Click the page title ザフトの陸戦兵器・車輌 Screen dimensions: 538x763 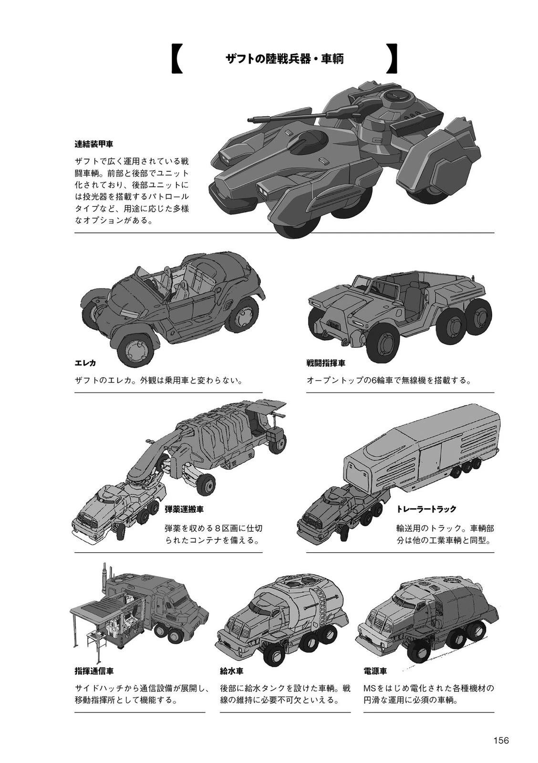(285, 59)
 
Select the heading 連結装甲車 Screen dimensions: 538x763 (93, 144)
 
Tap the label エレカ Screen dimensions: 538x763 (85, 363)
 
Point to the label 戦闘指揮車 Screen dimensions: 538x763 (326, 363)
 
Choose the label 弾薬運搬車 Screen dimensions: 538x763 (184, 509)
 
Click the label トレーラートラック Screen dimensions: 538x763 (426, 509)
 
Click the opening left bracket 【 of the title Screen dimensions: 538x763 (176, 59)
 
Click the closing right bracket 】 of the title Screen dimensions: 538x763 (392, 59)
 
